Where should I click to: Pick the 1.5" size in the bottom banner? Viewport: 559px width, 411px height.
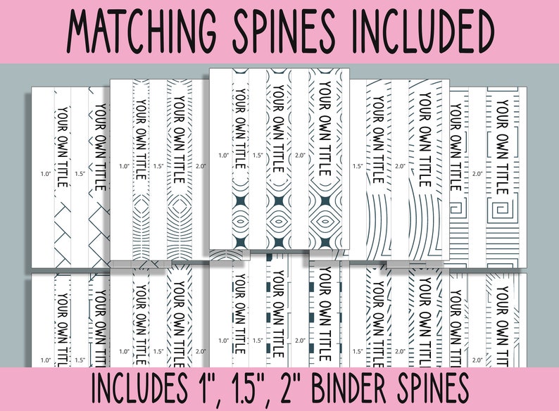[248, 388]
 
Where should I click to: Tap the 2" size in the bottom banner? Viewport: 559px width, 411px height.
[288, 388]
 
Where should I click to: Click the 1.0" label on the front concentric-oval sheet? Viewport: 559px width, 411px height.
[224, 155]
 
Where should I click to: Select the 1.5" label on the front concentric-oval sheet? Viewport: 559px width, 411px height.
[258, 155]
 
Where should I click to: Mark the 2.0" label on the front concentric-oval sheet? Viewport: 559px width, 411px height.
[301, 155]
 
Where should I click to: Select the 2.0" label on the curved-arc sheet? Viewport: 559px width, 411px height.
[401, 166]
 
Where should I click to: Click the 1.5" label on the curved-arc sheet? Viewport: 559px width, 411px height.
[358, 166]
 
